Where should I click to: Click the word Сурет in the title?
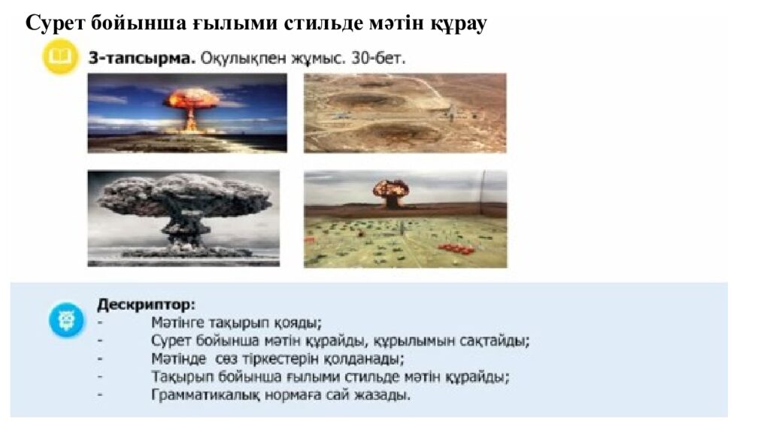point(54,23)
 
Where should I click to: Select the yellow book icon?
point(60,57)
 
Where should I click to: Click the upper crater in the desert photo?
point(367,100)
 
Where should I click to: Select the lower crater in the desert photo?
point(399,132)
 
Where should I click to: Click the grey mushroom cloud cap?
point(183,196)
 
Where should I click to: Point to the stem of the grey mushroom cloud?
point(183,231)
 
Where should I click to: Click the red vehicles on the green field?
point(456,248)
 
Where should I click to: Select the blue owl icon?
point(67,320)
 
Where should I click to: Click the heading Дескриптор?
point(146,305)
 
